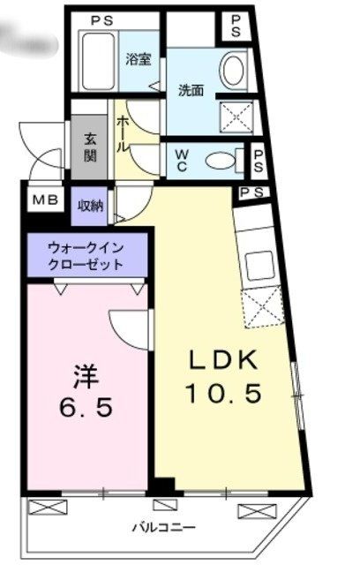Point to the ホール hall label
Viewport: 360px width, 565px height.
[123, 133]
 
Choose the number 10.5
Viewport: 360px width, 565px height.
[222, 394]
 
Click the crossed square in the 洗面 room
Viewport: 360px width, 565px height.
[236, 116]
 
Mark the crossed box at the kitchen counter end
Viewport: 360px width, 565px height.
[263, 309]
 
